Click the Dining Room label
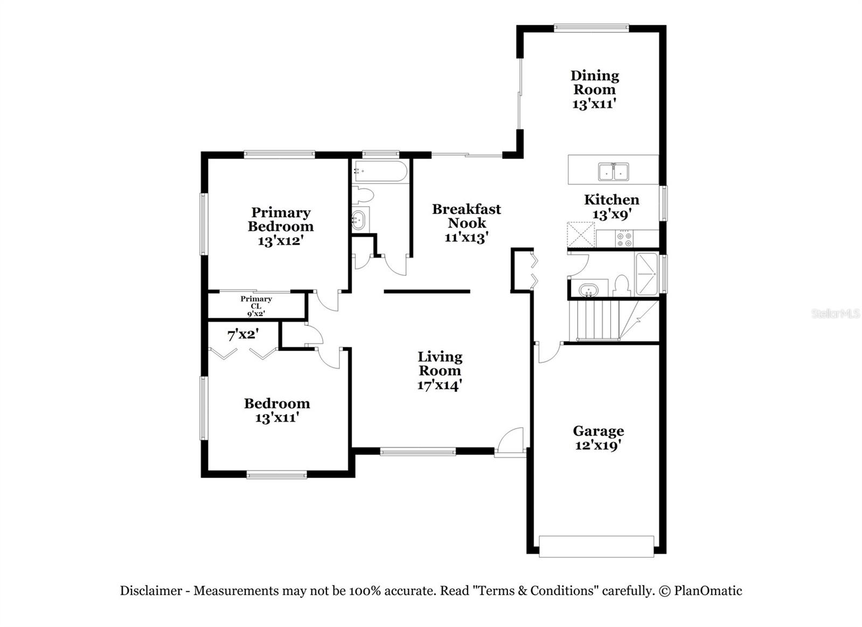(594, 82)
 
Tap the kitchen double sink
(613, 171)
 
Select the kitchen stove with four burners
(625, 238)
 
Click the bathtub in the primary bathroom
(380, 171)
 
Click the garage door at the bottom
(596, 546)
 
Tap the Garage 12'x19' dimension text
(598, 445)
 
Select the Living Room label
(440, 363)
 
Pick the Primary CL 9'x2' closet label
(256, 306)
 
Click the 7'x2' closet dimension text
(243, 335)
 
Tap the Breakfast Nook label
(467, 216)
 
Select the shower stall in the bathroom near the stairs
(646, 274)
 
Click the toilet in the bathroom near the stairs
(622, 286)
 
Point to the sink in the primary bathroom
(358, 220)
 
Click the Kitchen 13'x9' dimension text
(611, 214)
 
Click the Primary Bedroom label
(280, 219)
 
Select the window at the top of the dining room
(592, 27)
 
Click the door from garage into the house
(548, 353)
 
